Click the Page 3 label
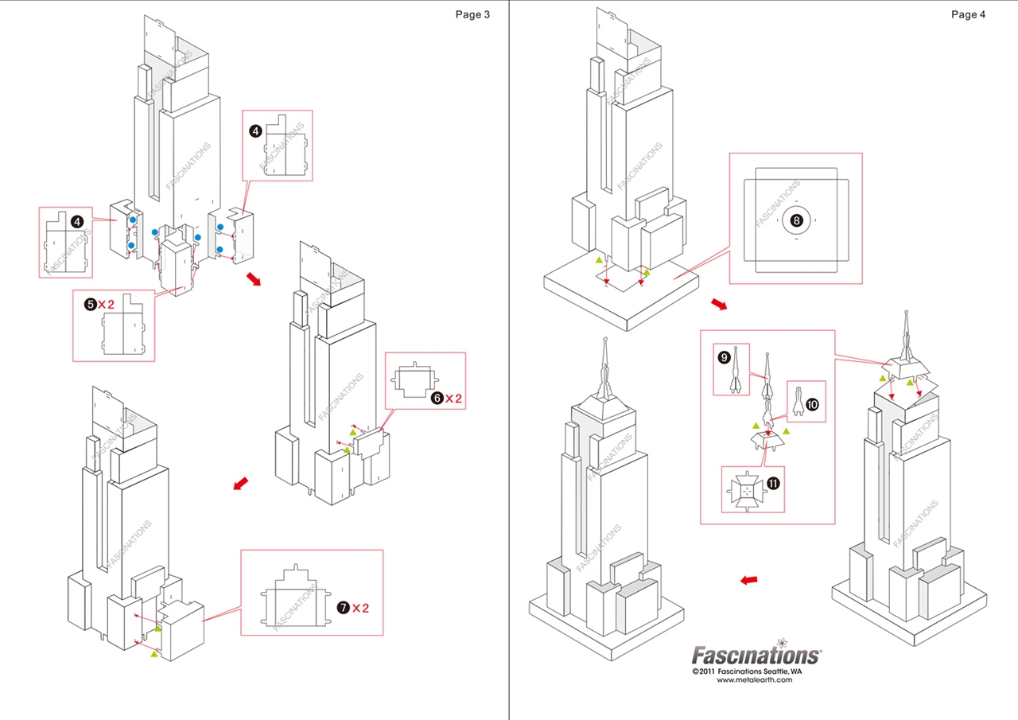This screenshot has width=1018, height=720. [472, 14]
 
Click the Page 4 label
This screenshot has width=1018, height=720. [968, 14]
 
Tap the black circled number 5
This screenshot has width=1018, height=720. [91, 304]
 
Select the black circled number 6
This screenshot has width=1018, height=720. [437, 398]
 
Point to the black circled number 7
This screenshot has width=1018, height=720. [343, 608]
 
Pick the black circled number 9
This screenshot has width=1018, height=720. [724, 357]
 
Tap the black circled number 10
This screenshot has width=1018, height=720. [812, 404]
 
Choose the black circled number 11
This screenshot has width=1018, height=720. [772, 483]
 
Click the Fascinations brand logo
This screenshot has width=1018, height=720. [756, 655]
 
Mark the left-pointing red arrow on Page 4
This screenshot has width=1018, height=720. [748, 580]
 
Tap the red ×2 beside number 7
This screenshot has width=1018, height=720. [361, 608]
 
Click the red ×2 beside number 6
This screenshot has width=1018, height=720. [454, 398]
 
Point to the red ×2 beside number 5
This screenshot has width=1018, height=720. [107, 304]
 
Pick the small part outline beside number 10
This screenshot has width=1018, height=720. [796, 405]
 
